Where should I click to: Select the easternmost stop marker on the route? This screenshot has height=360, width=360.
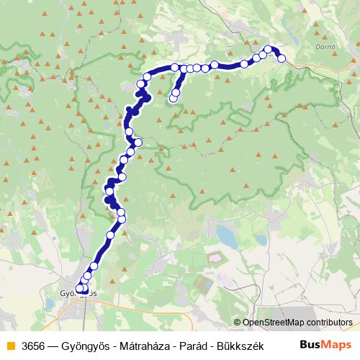tap(282, 58)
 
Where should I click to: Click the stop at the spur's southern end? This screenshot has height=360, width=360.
tap(174, 99)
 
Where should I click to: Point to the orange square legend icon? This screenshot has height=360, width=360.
tap(10, 346)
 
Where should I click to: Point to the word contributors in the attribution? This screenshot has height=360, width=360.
tap(328, 323)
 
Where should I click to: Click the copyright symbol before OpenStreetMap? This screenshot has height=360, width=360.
tap(237, 323)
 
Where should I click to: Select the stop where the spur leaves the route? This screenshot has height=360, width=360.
tap(183, 70)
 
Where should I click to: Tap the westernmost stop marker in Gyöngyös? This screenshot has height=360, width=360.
tap(79, 289)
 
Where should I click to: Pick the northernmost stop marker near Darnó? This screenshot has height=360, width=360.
tap(269, 50)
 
